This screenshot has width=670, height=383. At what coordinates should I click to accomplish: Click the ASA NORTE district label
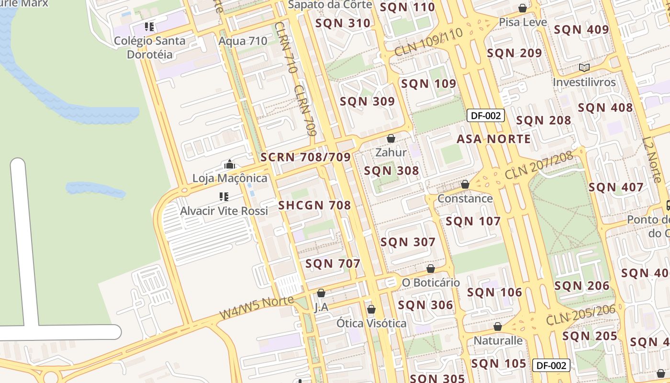pos(493,139)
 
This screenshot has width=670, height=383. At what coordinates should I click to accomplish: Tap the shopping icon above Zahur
pos(391,138)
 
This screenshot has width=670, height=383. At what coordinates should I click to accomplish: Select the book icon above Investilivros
pos(584,68)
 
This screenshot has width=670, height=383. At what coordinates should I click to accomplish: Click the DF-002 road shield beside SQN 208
pos(486,115)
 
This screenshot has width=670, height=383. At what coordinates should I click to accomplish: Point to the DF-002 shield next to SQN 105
pos(551,365)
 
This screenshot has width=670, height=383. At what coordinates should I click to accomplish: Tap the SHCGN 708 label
pos(315,205)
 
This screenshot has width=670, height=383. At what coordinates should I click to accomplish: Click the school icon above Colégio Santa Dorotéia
pos(149,27)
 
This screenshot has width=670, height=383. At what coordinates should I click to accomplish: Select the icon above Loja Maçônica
pos(230,165)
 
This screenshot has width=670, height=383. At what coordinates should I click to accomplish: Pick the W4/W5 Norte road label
pos(257,307)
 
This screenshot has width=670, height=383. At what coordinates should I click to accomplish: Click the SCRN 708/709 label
pos(305,157)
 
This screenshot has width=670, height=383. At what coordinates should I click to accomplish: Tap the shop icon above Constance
pos(465,184)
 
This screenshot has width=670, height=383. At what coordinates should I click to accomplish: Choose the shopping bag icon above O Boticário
pos(431,269)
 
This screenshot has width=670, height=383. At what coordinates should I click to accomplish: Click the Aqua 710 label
pos(243,41)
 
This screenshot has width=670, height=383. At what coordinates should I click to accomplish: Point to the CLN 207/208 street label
pos(539,165)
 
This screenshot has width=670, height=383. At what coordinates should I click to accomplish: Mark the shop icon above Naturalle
pos(498,327)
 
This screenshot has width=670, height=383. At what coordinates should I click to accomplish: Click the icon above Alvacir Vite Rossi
pos(223,196)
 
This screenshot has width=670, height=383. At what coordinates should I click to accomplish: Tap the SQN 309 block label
pos(367,101)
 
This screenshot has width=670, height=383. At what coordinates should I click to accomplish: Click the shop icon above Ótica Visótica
pos(371,309)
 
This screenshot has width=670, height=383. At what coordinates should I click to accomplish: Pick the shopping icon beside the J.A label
pos(321,293)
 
